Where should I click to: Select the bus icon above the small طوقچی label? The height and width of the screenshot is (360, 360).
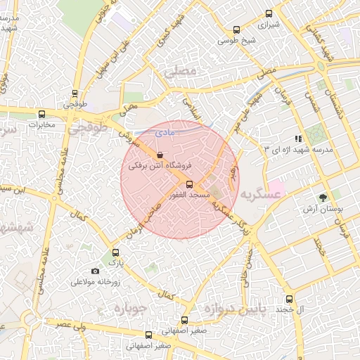pyautogui.click(x=75, y=92)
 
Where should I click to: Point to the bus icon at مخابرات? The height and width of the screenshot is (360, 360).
pyautogui.click(x=41, y=114)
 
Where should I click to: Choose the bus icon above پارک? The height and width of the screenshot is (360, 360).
pyautogui.click(x=116, y=252)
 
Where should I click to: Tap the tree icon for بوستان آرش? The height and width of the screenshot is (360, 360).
pyautogui.click(x=323, y=198)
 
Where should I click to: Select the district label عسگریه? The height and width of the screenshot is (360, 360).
pyautogui.click(x=259, y=192)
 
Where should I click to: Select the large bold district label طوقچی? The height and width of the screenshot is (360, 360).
pyautogui.click(x=90, y=129)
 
